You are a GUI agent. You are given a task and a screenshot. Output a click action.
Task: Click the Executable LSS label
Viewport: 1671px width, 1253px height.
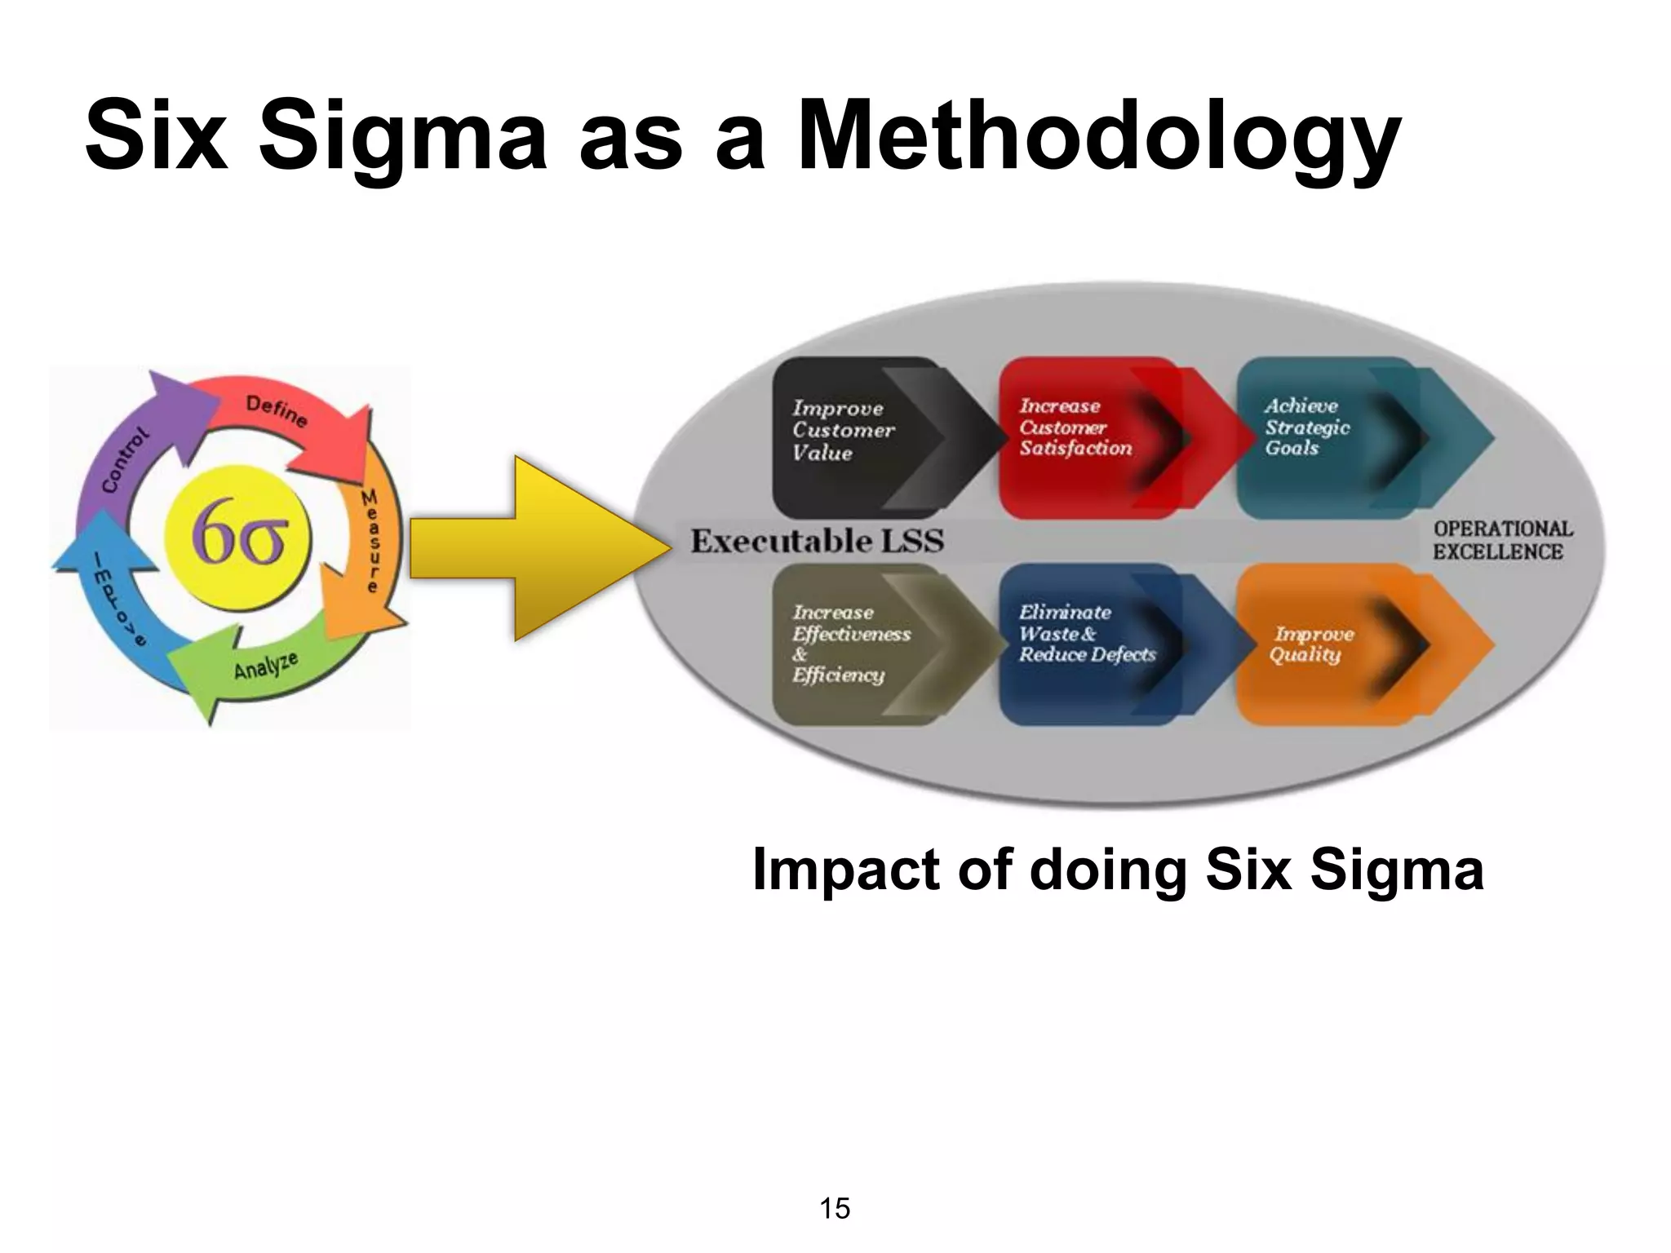click(x=817, y=542)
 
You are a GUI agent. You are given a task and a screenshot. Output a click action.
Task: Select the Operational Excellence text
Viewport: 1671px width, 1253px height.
click(x=1501, y=540)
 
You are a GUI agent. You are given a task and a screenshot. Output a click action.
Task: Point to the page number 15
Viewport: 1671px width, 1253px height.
click(x=835, y=1208)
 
